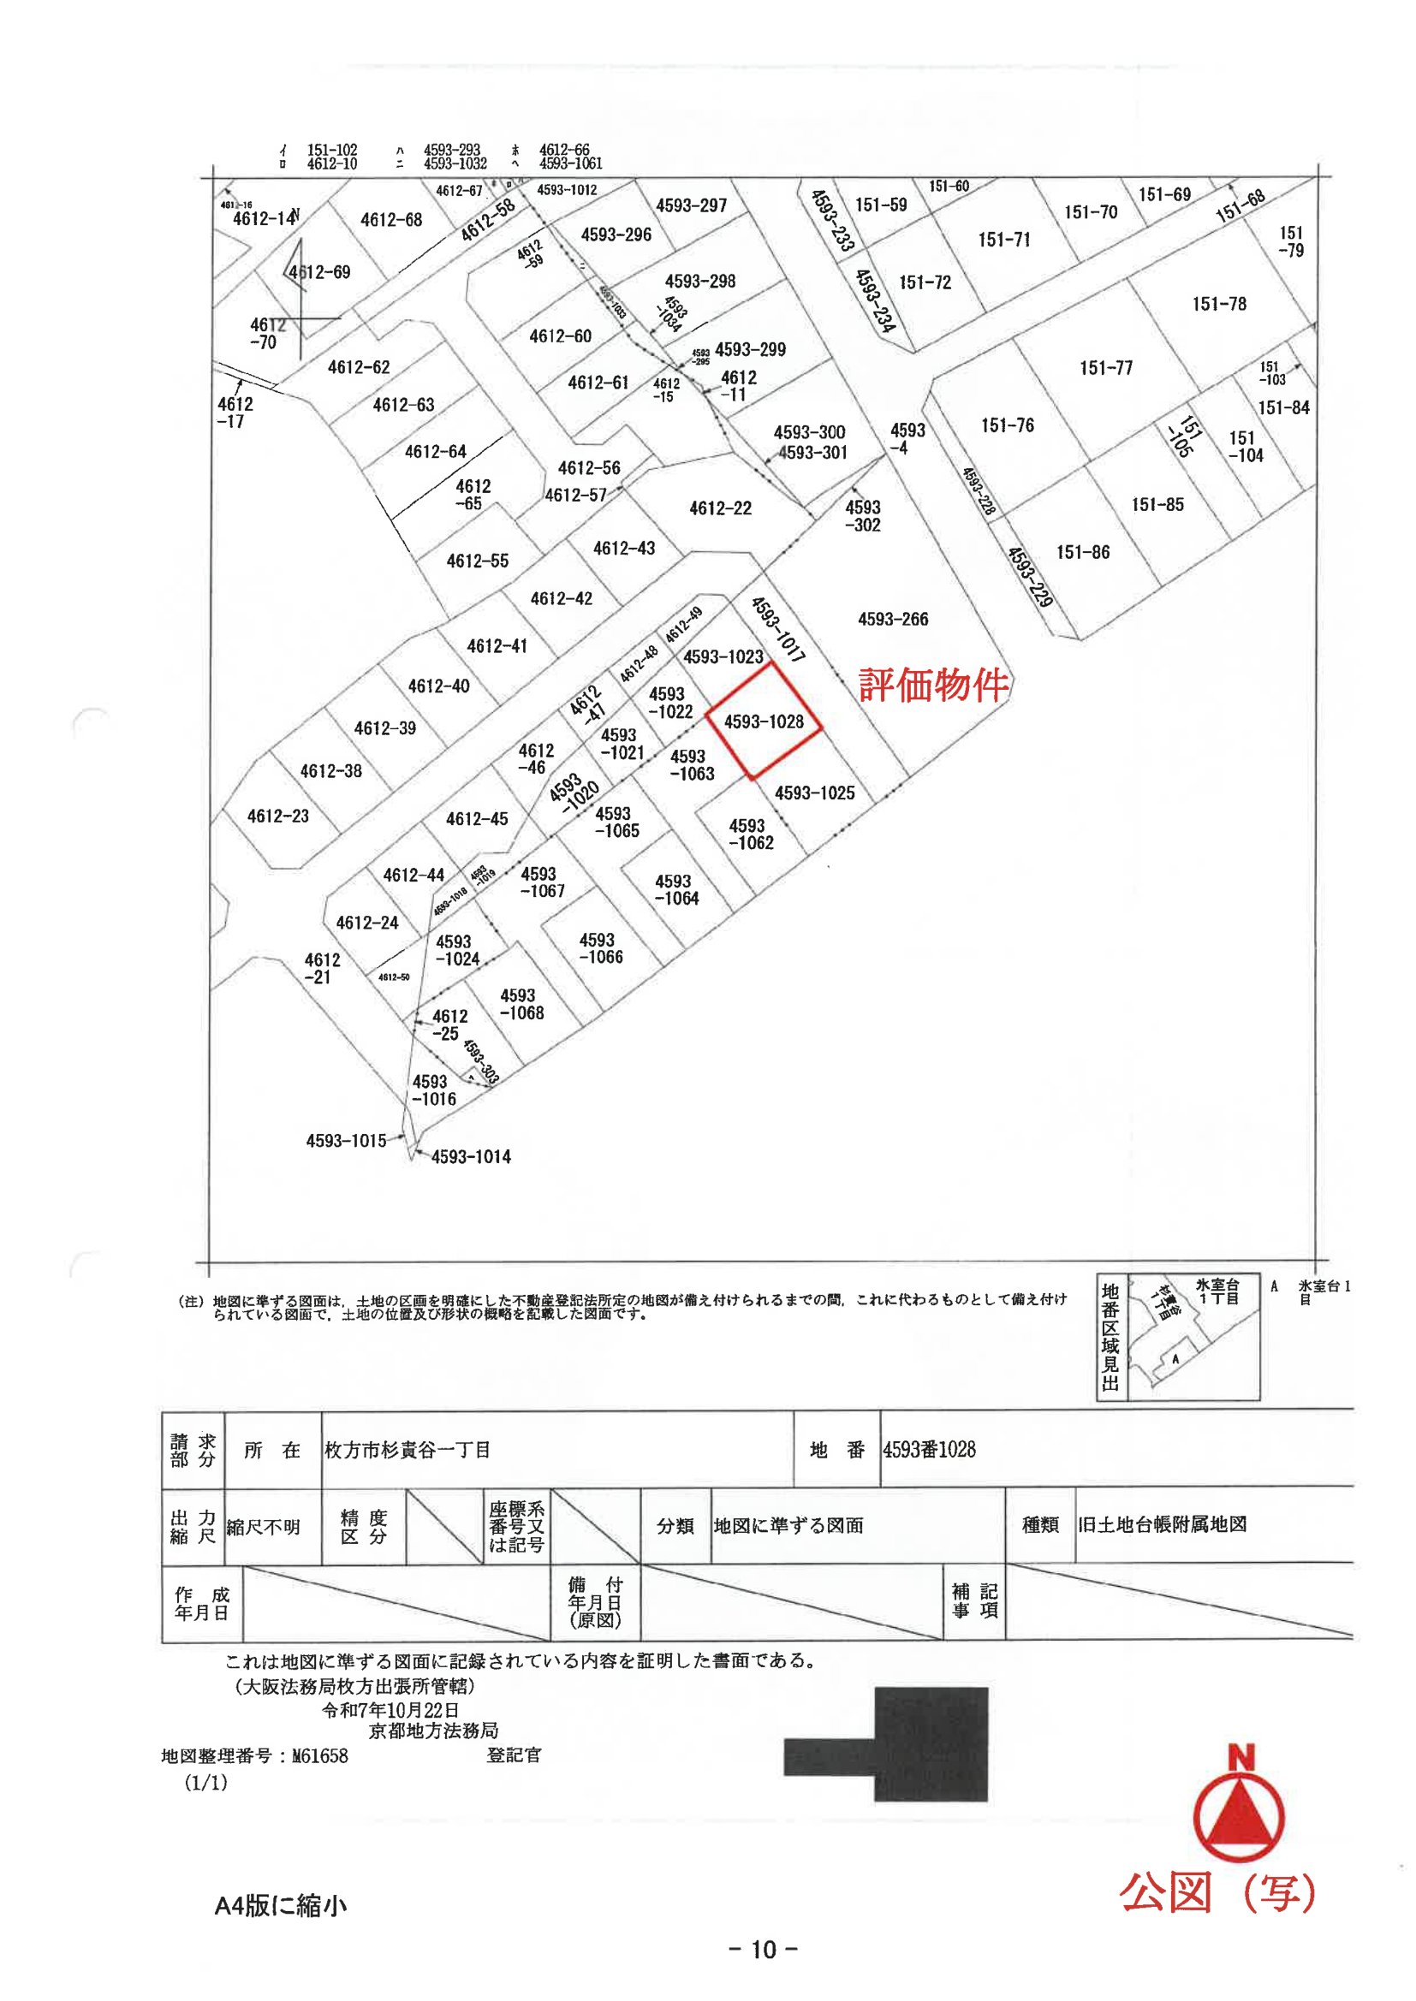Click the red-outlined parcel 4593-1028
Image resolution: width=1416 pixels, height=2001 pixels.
(764, 721)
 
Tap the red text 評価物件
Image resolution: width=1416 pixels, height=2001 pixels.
(934, 685)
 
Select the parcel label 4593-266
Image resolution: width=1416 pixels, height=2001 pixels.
(893, 620)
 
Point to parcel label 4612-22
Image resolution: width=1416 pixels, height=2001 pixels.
(720, 508)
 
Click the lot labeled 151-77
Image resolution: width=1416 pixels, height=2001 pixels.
(1105, 368)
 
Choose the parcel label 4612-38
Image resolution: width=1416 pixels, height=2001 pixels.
(330, 771)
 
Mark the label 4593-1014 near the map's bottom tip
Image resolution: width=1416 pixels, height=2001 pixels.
(471, 1157)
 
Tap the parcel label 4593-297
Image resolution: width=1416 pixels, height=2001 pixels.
(692, 205)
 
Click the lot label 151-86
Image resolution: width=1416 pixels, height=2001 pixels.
(1083, 553)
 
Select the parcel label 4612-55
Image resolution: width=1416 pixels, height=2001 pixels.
(477, 561)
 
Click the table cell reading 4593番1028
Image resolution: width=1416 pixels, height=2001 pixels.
(930, 1450)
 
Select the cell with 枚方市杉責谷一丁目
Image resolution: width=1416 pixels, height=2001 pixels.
(408, 1450)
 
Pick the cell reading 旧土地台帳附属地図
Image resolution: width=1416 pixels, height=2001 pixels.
(1163, 1525)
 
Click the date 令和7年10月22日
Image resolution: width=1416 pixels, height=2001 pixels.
(390, 1711)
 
